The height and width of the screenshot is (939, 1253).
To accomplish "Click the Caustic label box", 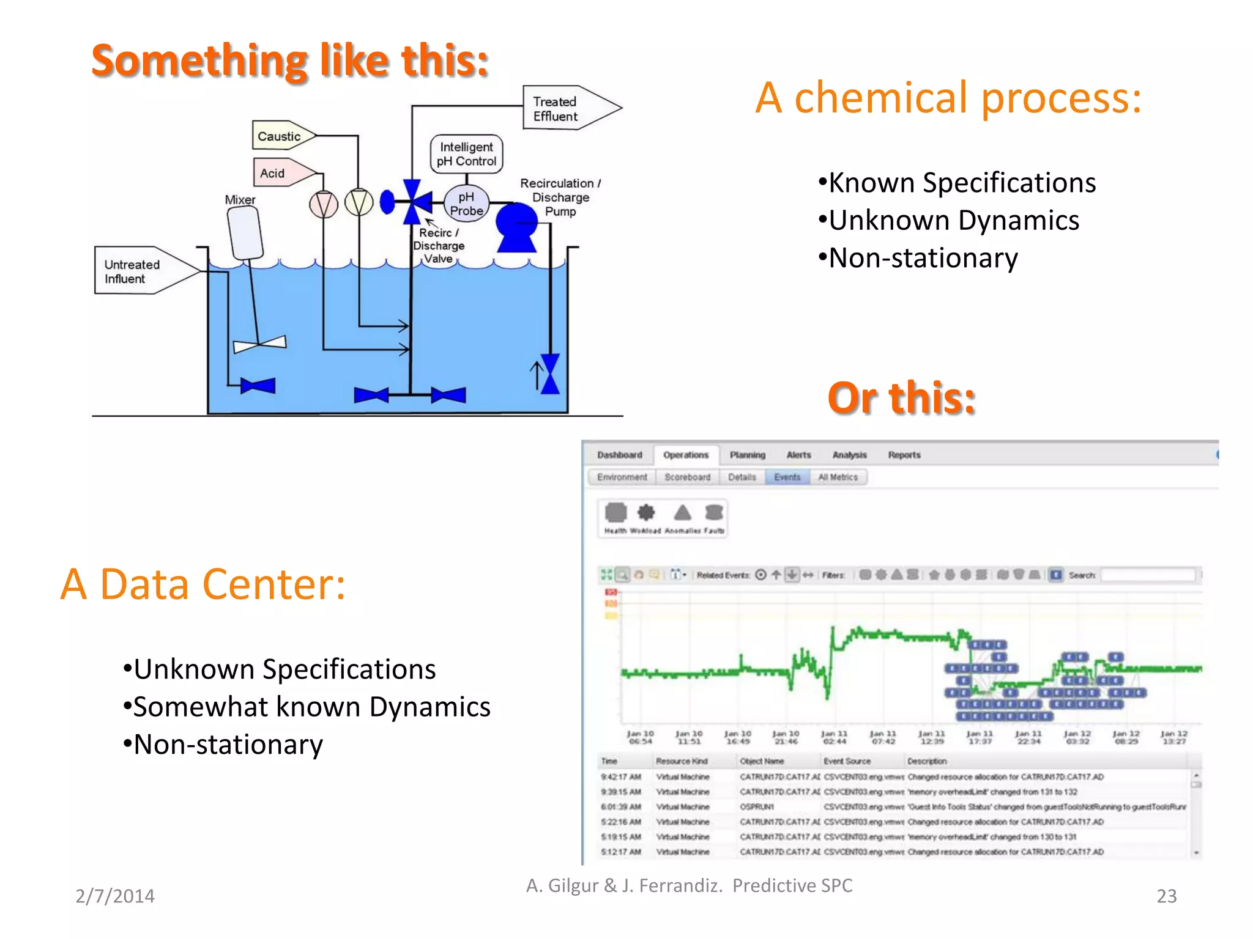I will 280,136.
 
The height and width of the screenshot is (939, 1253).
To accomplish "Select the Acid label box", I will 273,173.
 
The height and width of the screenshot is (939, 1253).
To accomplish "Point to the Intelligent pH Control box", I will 466,154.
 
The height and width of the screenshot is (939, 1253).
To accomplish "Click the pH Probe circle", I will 466,204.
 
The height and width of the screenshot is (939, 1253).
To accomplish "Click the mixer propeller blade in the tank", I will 260,344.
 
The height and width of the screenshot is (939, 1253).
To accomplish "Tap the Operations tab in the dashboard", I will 685,455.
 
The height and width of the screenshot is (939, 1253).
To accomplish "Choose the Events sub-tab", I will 787,477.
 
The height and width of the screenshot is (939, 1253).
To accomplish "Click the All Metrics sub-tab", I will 838,477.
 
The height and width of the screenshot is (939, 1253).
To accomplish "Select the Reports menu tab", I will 904,455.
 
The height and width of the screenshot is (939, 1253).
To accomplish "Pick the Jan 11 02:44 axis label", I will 834,737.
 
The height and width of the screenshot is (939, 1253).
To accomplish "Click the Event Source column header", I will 847,761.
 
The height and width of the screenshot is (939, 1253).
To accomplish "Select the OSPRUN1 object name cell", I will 757,807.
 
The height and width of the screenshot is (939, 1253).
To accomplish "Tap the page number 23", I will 1166,896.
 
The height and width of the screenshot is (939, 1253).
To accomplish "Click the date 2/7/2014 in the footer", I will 115,896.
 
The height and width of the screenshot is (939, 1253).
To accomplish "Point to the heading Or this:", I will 901,398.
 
